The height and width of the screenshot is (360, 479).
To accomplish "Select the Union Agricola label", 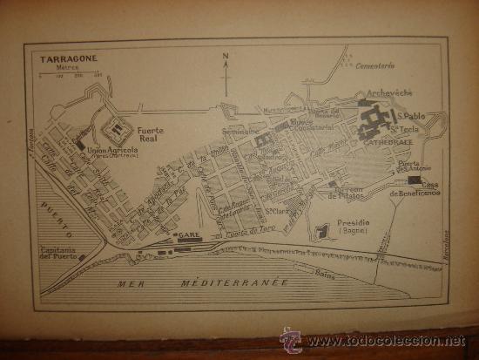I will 116,152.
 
